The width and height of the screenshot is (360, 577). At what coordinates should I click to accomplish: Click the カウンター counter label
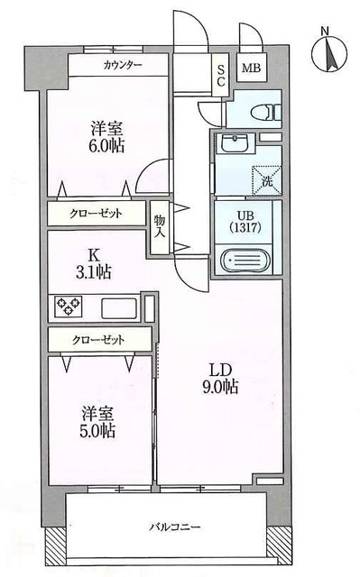[122, 66]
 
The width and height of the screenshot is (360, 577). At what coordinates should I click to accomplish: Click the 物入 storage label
[159, 224]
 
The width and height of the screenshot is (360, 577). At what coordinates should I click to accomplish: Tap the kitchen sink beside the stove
[117, 308]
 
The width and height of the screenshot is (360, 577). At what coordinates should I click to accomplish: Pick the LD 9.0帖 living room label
[219, 378]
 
